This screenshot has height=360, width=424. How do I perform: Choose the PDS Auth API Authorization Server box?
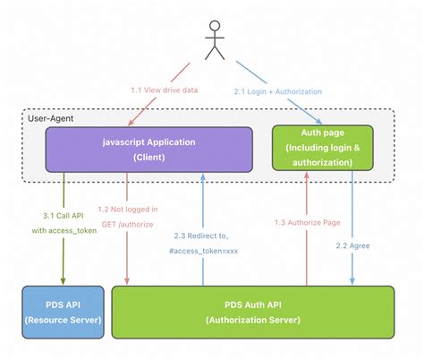click(252, 310)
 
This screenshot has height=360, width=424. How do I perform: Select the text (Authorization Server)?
click(252, 320)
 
